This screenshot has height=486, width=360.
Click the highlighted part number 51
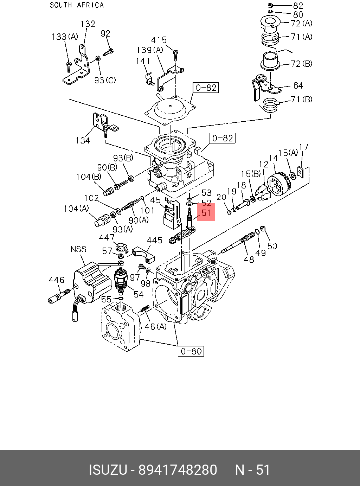pos(206,213)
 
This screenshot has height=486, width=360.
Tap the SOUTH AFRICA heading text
pos(77,5)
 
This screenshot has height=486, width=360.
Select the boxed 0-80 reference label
pos(191,351)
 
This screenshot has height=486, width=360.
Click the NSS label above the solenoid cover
pos(78,249)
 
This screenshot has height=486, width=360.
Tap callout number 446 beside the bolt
pos(57,280)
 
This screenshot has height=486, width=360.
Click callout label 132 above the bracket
pos(88,24)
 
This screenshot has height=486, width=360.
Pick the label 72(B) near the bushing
pos(302,64)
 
